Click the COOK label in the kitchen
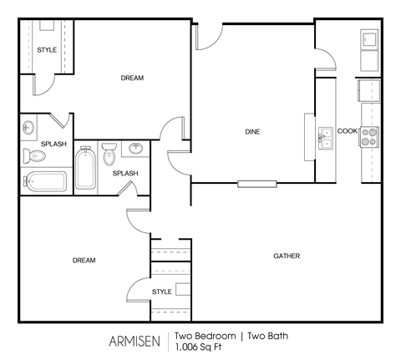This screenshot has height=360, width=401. [x=347, y=131]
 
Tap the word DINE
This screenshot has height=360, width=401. [x=252, y=131]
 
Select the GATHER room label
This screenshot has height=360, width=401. [x=287, y=256]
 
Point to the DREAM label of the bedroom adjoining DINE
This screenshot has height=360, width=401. [x=132, y=78]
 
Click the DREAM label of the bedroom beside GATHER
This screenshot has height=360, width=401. [x=84, y=261]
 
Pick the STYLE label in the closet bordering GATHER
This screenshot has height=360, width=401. [x=162, y=292]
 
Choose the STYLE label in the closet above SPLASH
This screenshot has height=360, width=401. [x=47, y=50]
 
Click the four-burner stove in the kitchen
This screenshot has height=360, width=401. [x=369, y=136]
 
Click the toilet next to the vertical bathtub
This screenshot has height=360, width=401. [x=109, y=156]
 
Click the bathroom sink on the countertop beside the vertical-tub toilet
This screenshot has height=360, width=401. [x=136, y=149]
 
